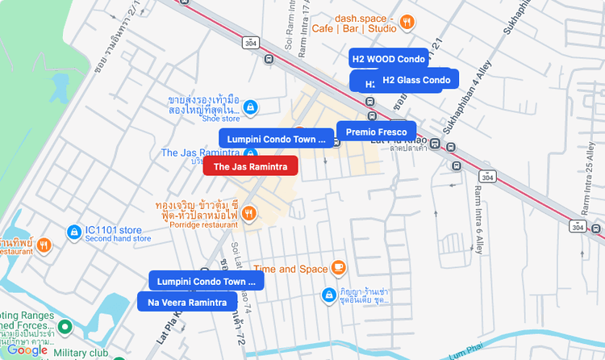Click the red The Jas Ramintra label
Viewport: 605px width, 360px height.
click(250, 166)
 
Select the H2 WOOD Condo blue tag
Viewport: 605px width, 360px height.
click(388, 59)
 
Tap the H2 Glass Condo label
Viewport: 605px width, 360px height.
click(416, 80)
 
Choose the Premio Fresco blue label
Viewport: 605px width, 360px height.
click(376, 132)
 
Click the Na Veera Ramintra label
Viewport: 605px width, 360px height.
click(187, 302)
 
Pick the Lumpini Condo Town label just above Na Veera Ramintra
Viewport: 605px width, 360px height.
click(206, 281)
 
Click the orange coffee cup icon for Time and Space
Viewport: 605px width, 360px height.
click(339, 267)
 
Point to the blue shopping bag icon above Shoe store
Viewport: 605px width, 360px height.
click(250, 107)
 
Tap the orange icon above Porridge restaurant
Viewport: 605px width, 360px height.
click(249, 213)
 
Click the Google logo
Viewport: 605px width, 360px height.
click(28, 350)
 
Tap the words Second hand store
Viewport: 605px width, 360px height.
click(118, 239)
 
